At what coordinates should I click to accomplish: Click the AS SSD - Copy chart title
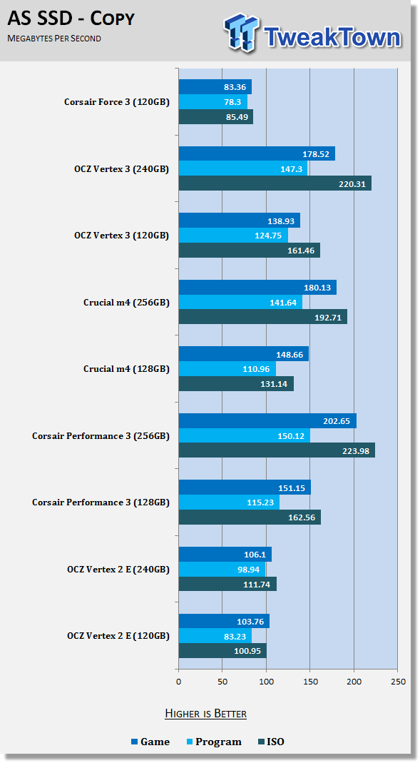point(71,19)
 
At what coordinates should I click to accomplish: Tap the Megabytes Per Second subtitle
point(54,39)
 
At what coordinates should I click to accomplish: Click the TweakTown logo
point(312,32)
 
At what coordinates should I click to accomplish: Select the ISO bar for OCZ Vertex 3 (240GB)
point(275,183)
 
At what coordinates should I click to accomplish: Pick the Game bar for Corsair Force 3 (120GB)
point(215,87)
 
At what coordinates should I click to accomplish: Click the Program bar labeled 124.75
point(233,236)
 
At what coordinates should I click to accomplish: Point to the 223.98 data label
point(356,451)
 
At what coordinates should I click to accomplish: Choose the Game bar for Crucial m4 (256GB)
point(257,288)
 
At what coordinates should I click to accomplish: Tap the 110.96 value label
point(257,369)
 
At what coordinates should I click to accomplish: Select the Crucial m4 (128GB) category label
point(126,369)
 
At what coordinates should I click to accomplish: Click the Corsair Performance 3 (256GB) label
point(101,436)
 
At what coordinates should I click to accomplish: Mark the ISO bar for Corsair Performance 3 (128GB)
point(250,517)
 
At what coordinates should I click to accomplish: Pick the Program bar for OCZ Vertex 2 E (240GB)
point(222,570)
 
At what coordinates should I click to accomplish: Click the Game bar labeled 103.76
point(224,622)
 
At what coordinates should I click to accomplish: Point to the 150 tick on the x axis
point(310,681)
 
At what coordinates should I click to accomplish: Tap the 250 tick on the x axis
point(398,681)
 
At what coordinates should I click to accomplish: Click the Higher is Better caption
point(205,714)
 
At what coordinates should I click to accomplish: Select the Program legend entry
point(214,742)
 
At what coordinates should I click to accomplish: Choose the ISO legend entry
point(271,742)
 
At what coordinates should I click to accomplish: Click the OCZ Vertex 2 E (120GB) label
point(118,636)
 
